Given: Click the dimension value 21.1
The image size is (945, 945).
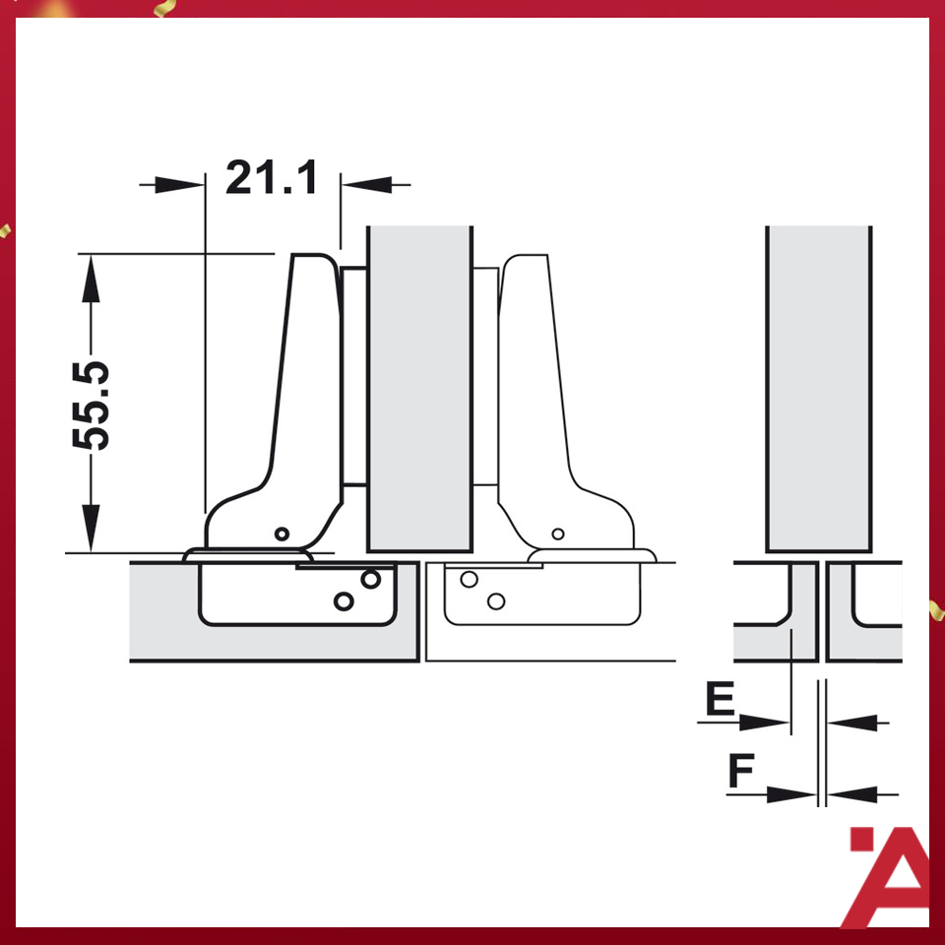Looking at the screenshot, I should coord(272,179).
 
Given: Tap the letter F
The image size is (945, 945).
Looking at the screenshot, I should coord(742,771).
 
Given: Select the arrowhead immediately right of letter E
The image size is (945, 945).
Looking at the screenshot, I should coord(766,723).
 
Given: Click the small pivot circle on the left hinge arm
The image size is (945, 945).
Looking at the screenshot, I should coord(283,534).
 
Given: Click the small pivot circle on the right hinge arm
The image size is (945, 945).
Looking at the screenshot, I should coord(558,534).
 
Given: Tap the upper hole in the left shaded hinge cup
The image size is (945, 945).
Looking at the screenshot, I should coord(370,580).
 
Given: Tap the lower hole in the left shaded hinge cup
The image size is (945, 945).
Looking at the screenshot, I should coord(344,599).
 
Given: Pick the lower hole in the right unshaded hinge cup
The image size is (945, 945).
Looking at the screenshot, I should coord(495,599).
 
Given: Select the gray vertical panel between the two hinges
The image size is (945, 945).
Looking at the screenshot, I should coord(419,389).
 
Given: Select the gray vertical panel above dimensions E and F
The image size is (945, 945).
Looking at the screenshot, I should coord(818,389).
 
